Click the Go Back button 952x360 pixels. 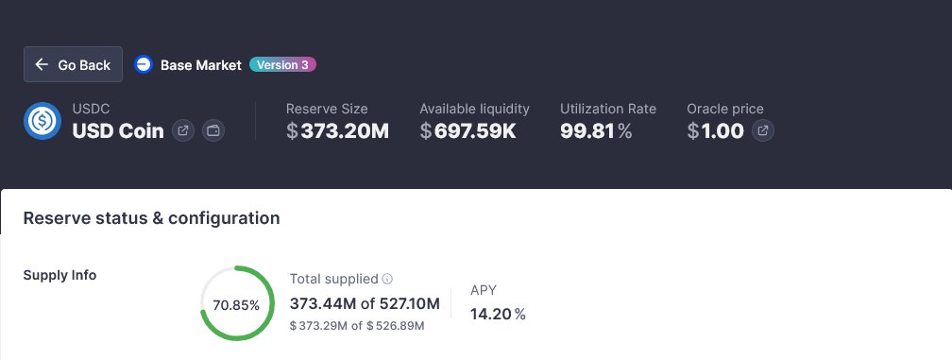click(x=73, y=65)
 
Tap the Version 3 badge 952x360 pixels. click(x=282, y=65)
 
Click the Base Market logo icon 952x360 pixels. click(x=144, y=65)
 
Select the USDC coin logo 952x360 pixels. click(x=42, y=121)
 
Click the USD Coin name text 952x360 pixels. click(x=117, y=130)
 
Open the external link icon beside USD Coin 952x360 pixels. click(x=183, y=130)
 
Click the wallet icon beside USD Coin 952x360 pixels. click(x=213, y=130)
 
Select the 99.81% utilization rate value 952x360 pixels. click(x=596, y=130)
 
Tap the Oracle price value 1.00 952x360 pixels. click(x=716, y=130)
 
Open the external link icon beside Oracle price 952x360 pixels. click(x=763, y=130)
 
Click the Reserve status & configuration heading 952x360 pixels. click(x=151, y=218)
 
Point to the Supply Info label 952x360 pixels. click(x=59, y=275)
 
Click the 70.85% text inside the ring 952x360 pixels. click(x=237, y=304)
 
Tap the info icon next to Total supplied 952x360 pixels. click(x=388, y=280)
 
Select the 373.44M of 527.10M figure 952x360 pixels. click(x=365, y=303)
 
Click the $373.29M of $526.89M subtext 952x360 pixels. click(x=357, y=326)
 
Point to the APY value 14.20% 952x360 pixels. click(x=498, y=314)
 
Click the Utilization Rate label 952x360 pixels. click(x=607, y=109)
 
